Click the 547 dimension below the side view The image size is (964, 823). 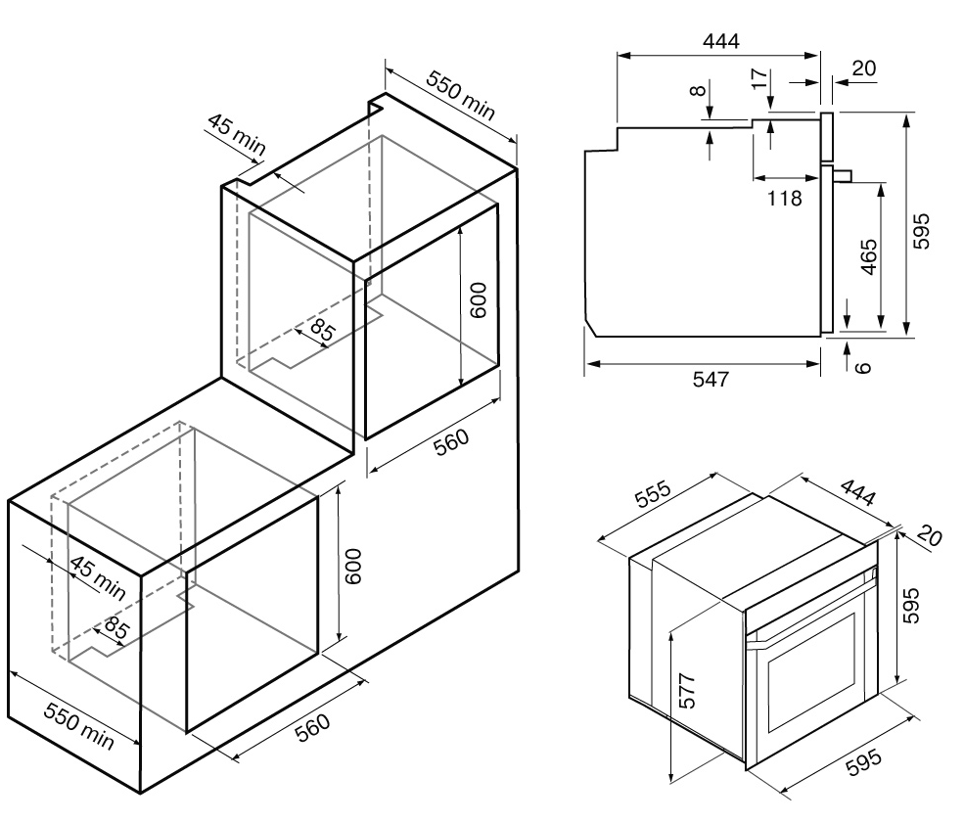pyautogui.click(x=712, y=380)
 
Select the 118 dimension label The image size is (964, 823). pyautogui.click(x=785, y=198)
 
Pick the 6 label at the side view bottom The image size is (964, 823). pyautogui.click(x=861, y=367)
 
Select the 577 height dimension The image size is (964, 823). pyautogui.click(x=688, y=691)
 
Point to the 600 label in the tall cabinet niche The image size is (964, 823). pyautogui.click(x=478, y=299)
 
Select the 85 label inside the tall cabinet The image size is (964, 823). pyautogui.click(x=319, y=330)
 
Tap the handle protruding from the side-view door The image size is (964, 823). pyautogui.click(x=844, y=175)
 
